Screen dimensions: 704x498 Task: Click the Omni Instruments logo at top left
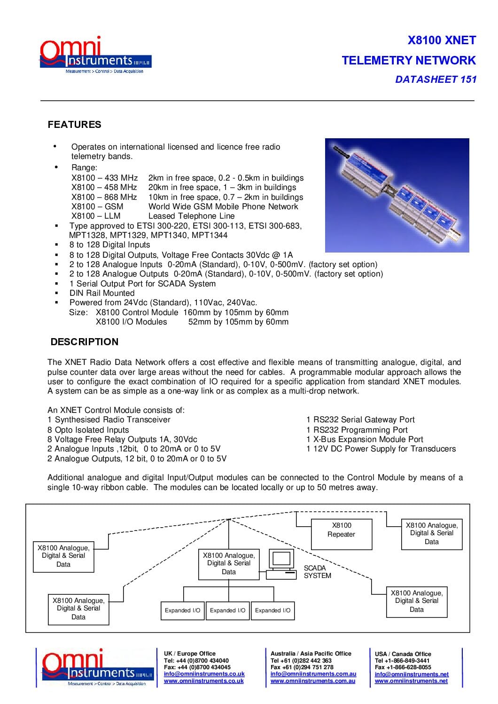pos(95,55)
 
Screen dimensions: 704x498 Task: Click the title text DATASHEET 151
pos(436,79)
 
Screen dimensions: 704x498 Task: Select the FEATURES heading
pos(74,125)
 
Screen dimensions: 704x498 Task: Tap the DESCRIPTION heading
pos(85,342)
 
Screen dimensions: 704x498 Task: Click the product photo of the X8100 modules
pos(397,195)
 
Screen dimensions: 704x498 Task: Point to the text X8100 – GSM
pos(97,206)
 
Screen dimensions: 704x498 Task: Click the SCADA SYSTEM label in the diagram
pos(317,572)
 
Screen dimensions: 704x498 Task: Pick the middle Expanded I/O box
pos(227,610)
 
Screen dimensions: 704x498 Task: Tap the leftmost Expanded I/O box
pos(182,610)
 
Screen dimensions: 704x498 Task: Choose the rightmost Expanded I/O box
pos(272,610)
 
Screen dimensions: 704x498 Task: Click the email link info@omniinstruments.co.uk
pos(204,674)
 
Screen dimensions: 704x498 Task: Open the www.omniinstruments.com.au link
pos(312,681)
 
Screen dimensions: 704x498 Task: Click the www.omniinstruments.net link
pos(411,681)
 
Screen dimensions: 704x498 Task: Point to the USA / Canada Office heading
pos(403,654)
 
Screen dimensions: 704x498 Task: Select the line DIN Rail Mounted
pos(102,293)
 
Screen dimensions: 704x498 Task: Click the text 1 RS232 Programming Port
pos(357,430)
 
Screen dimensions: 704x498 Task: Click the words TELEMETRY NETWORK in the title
pos(408,60)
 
